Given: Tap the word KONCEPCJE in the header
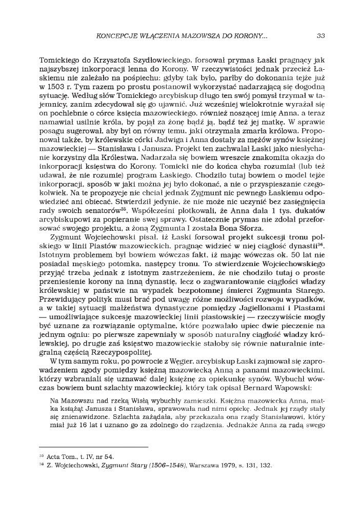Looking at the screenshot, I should pos(114,35).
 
